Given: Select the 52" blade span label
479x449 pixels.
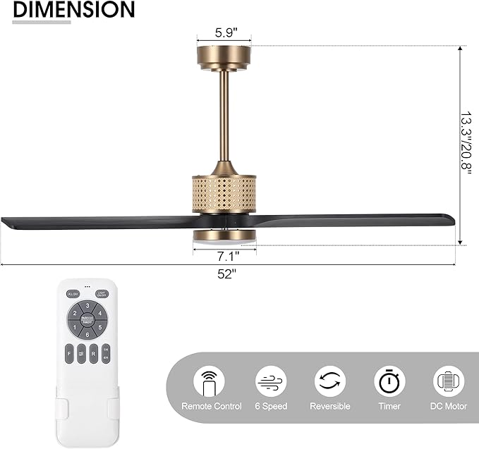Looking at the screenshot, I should [x=227, y=274].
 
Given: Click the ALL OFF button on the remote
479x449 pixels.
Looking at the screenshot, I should [x=72, y=294].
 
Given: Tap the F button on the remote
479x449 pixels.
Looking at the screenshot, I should [x=70, y=352].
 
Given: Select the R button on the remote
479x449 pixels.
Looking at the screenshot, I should [x=94, y=352].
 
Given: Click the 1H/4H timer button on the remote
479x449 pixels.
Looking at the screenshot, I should [x=106, y=352].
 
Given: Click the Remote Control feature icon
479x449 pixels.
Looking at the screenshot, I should [x=212, y=381].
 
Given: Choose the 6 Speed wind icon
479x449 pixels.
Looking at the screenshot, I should [x=271, y=381].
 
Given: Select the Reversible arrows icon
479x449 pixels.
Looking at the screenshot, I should [x=330, y=381].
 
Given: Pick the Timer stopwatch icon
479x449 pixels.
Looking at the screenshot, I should [x=389, y=381].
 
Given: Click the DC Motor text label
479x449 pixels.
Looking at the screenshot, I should [x=449, y=407].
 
